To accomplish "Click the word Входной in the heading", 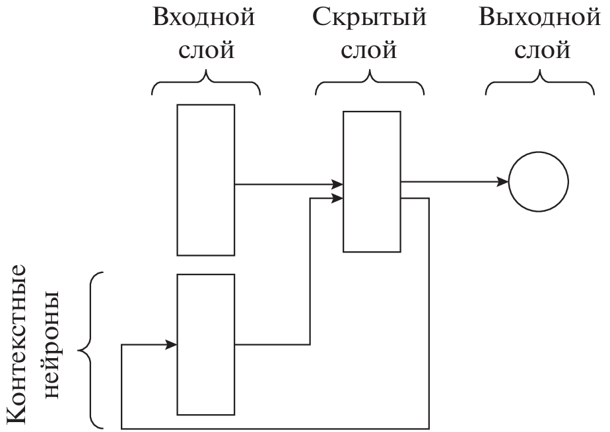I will coord(203,18).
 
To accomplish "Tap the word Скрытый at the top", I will coord(370,18).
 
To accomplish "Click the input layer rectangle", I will coord(205,179).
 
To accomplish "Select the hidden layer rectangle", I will coord(372,181).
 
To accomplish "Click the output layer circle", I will coord(538,182).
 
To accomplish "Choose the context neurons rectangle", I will coord(205,344).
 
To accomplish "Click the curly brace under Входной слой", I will coord(205,82).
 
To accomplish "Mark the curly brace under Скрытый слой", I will coord(370,82).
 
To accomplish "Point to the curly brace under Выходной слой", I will coord(540,82).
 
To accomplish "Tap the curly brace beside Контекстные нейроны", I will coord(92,350).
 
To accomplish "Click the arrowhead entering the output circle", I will coord(502,181).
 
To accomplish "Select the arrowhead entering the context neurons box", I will coord(171,344).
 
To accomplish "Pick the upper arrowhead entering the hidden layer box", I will coord(337,185).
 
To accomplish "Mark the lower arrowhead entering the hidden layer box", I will coord(337,198).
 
